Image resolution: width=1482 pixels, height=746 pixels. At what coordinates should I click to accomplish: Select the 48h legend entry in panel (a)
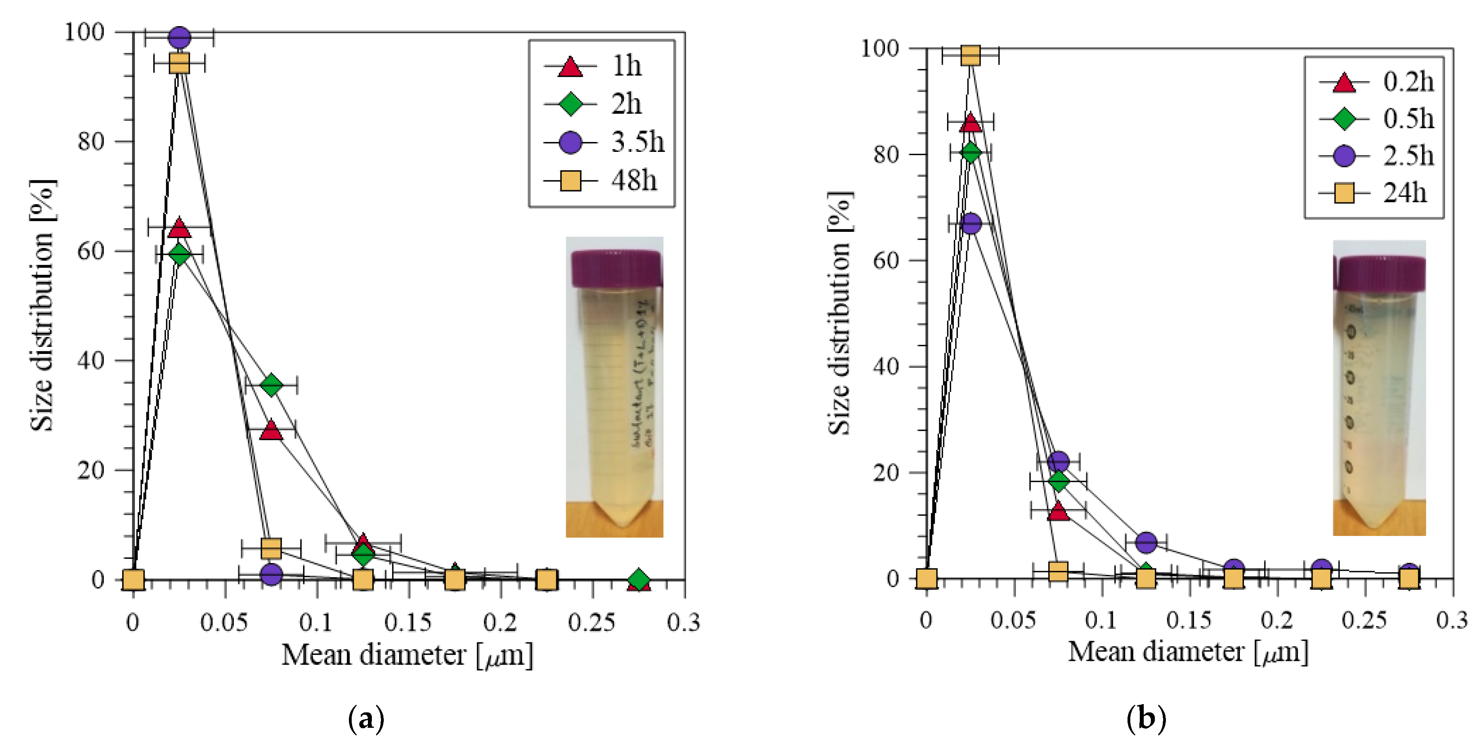[601, 181]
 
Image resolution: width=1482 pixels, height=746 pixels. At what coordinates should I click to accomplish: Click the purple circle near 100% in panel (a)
[180, 38]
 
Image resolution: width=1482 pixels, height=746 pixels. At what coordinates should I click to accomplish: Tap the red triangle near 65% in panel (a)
[180, 228]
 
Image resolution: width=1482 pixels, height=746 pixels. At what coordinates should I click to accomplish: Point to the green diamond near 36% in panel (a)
[271, 385]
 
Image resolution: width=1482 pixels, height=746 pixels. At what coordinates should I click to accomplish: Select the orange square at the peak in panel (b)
[970, 55]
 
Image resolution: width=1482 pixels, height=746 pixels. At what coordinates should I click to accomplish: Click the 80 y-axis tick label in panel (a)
[91, 142]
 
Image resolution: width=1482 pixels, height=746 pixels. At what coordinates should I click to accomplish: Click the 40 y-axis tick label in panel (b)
[886, 366]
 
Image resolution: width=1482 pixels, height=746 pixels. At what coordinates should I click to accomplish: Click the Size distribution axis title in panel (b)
[839, 313]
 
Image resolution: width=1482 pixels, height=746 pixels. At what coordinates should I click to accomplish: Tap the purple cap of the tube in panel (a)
[616, 269]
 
